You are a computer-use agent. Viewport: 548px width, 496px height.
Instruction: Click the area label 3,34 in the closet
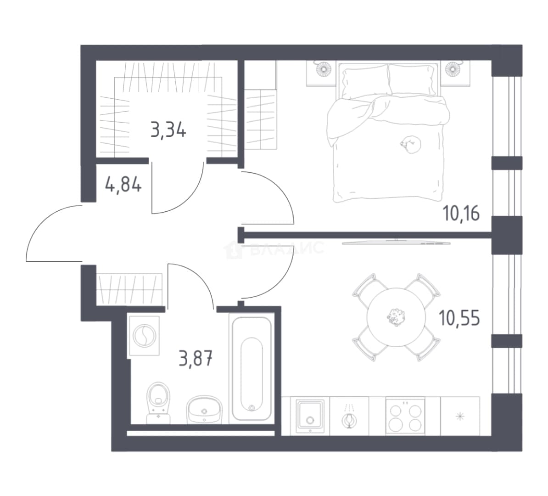168,130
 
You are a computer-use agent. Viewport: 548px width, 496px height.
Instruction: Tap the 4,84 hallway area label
123,184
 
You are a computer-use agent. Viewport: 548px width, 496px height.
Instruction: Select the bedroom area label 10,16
461,213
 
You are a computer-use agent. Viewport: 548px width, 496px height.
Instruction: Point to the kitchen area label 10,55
459,318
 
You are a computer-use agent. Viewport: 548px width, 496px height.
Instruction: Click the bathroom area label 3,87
196,359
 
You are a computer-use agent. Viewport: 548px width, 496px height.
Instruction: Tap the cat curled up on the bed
411,144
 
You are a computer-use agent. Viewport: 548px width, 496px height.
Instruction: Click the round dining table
396,317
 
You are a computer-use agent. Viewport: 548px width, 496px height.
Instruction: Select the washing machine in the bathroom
144,337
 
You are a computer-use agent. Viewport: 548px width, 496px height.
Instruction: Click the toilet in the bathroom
158,403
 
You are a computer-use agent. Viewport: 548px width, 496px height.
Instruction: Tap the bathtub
252,369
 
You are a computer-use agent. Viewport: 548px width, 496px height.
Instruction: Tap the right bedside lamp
453,68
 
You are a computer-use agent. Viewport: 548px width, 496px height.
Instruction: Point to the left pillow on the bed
365,83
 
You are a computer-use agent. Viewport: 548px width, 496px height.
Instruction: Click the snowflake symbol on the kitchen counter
460,416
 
